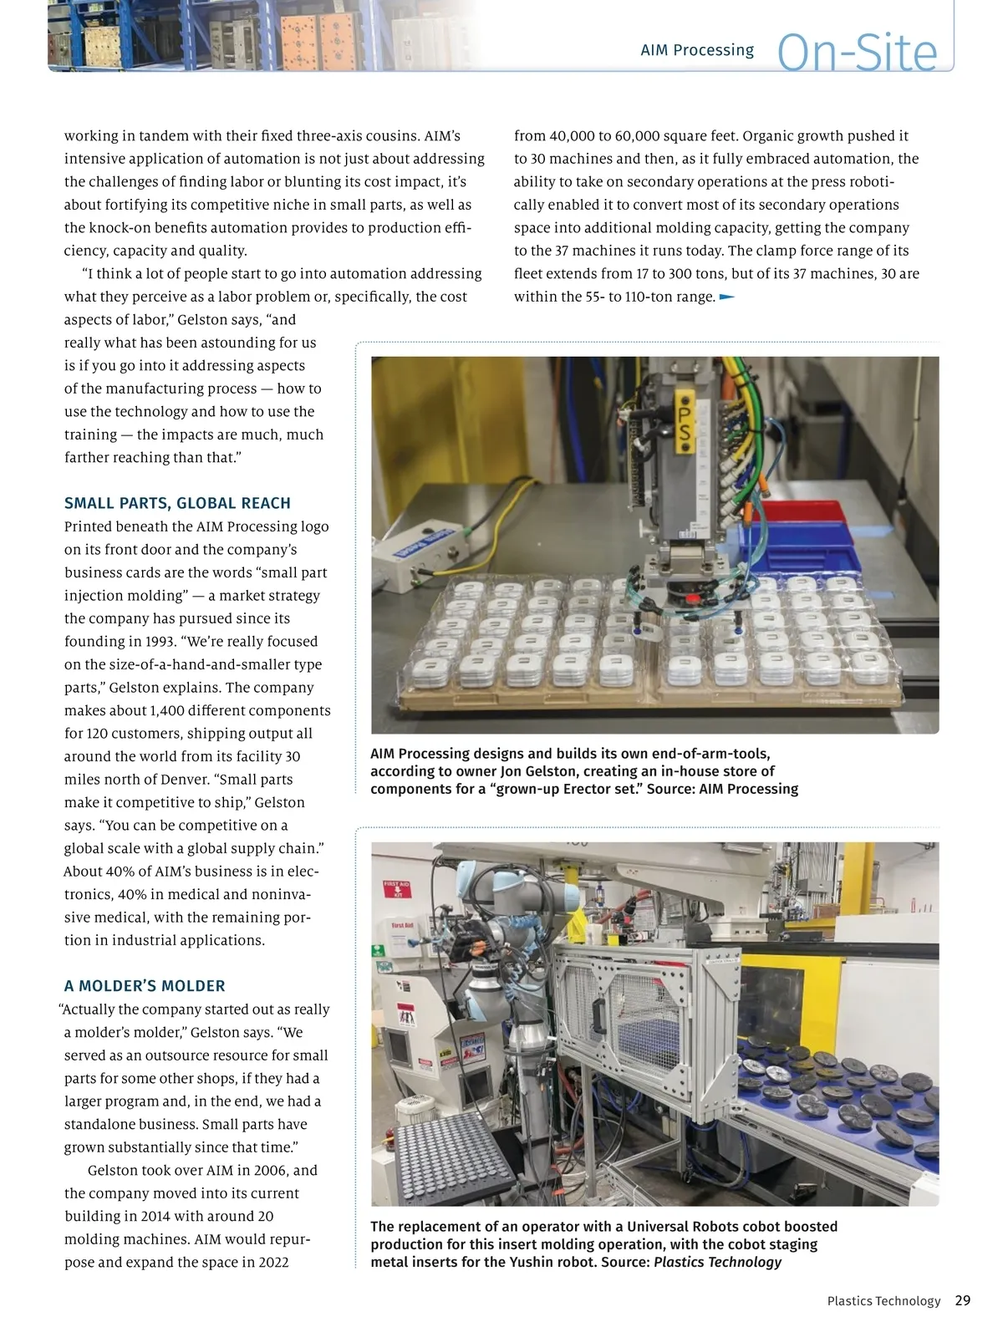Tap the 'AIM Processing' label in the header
[x=697, y=50]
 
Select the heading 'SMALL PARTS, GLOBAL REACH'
[x=177, y=503]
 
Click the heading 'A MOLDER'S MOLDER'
[x=145, y=986]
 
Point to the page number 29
[x=962, y=1300]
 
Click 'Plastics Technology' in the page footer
[x=883, y=1301]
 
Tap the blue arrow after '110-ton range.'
[x=726, y=297]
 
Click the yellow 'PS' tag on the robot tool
[x=685, y=424]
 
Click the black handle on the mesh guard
[x=598, y=1016]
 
